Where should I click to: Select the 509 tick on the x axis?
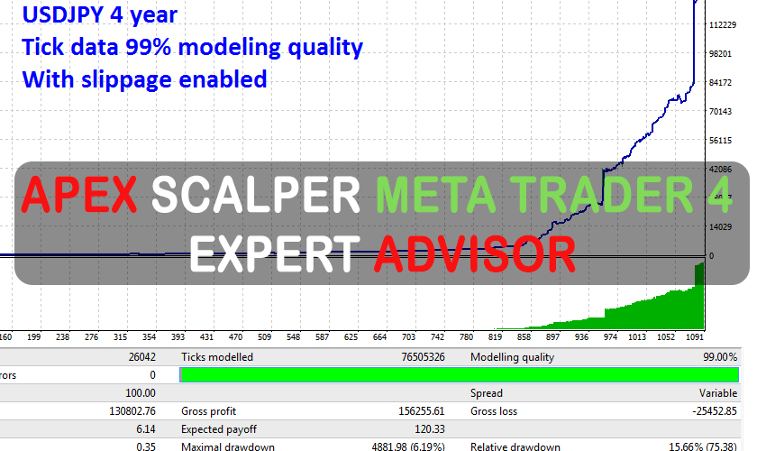coord(265,337)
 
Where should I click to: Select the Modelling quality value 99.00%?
coord(720,357)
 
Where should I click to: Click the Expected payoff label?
coord(218,429)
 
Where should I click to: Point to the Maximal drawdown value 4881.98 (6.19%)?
coord(414,446)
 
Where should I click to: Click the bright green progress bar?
coord(460,374)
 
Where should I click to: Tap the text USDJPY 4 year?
coord(100,15)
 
